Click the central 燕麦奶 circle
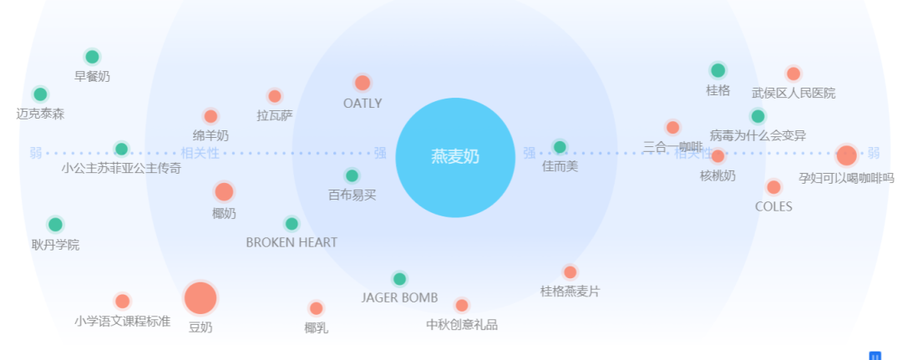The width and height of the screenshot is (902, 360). [x=455, y=157]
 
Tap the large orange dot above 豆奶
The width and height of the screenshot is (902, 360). [x=200, y=298]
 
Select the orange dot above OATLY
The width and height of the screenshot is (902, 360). [x=362, y=83]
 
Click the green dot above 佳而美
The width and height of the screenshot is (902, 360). [x=560, y=147]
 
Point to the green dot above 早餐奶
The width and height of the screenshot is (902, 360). [x=92, y=57]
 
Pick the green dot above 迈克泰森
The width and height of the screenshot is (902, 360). [x=40, y=94]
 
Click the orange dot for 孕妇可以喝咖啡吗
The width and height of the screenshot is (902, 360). [x=846, y=155]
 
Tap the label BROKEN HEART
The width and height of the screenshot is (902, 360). [x=291, y=242]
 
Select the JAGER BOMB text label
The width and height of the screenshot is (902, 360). [x=399, y=297]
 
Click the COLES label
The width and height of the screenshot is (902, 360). [x=773, y=206]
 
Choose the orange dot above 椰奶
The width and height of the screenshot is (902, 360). [x=224, y=192]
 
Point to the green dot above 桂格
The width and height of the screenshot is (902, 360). [x=717, y=70]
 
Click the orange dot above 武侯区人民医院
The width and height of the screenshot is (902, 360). [x=793, y=74]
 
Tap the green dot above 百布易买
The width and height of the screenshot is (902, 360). [x=352, y=175]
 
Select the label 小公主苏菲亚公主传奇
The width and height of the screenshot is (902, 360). [x=121, y=168]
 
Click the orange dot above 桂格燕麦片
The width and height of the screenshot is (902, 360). [x=570, y=272]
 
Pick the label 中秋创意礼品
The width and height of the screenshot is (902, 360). [x=462, y=324]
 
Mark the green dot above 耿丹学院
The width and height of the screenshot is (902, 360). [x=55, y=224]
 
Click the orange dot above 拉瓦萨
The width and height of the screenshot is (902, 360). [x=275, y=96]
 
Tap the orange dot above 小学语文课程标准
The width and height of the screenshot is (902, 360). [x=122, y=302]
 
